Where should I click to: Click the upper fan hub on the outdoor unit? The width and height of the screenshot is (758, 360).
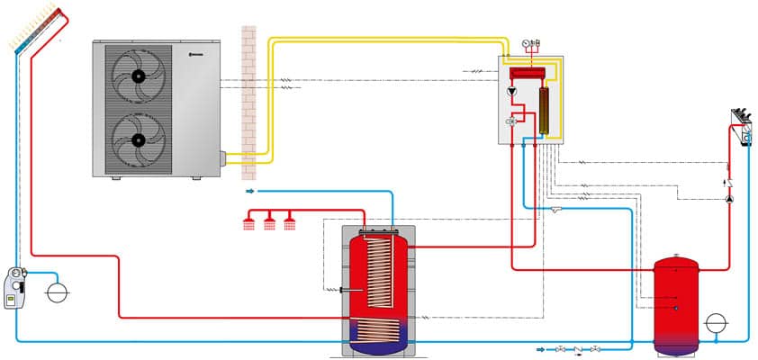click(x=138, y=77)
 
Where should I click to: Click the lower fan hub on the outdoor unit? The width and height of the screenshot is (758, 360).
click(x=138, y=140)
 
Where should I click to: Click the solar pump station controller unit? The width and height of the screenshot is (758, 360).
click(x=14, y=285)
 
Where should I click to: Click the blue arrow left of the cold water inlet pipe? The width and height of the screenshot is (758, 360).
click(x=250, y=191)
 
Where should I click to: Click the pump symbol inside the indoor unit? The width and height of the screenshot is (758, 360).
click(x=512, y=92)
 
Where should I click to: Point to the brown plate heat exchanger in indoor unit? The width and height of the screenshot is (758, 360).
click(x=544, y=110)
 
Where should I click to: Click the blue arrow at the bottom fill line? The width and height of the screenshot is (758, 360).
click(x=542, y=349)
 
